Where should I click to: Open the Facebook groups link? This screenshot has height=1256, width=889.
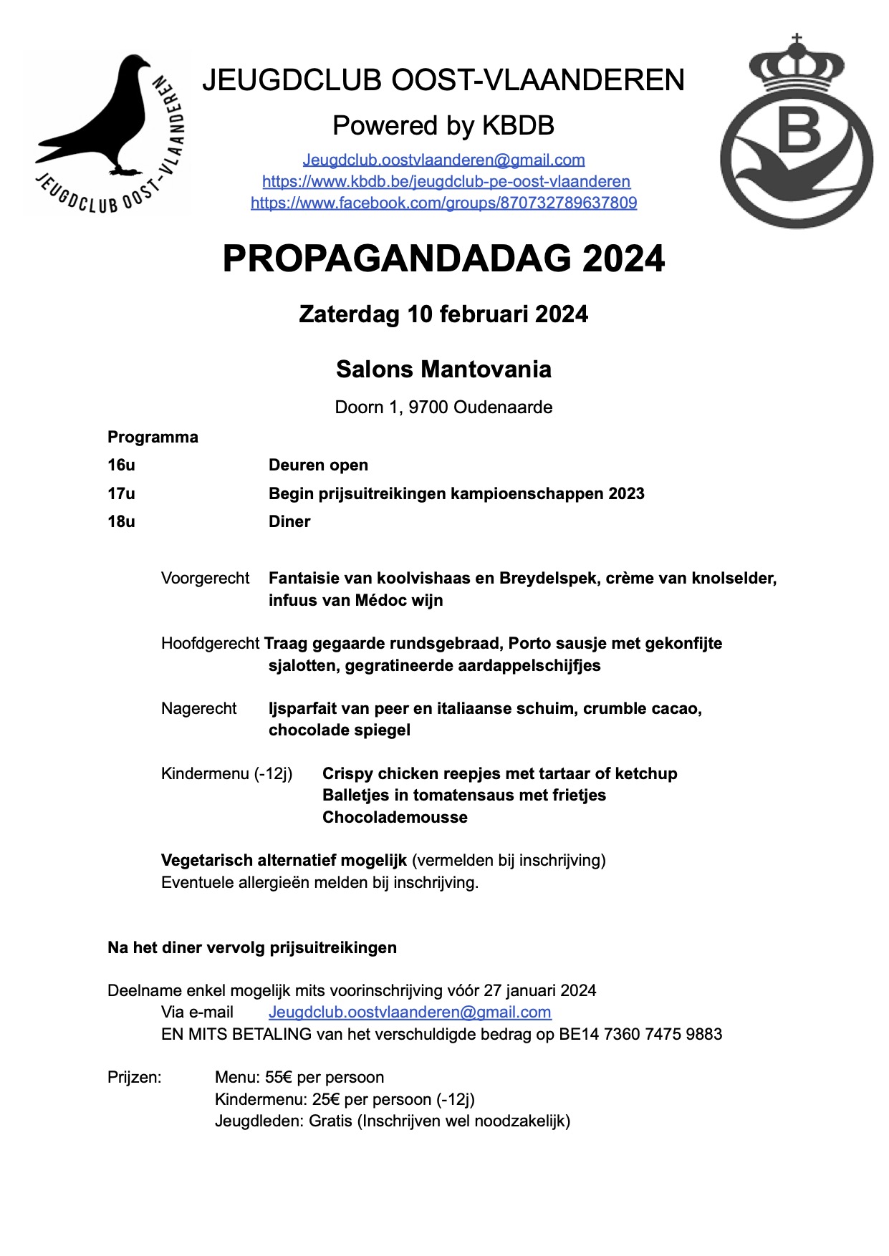(443, 203)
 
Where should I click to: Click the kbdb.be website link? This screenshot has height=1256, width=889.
(446, 181)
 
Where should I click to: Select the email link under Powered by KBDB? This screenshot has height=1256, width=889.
(443, 160)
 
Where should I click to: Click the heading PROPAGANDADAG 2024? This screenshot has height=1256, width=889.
(443, 259)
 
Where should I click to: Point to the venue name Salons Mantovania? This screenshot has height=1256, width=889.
(443, 369)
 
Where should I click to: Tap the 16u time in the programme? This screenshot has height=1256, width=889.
(121, 465)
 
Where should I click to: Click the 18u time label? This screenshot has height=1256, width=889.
(121, 521)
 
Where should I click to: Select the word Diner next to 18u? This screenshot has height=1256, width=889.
(289, 521)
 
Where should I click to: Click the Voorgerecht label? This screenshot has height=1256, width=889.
(205, 578)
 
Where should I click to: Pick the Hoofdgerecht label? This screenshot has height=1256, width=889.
(210, 643)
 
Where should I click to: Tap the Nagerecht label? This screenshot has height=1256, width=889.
(198, 708)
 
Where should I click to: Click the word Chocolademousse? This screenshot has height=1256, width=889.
(395, 817)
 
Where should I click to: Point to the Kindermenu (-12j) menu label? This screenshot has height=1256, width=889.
(226, 773)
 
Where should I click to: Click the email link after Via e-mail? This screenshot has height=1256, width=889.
(410, 1012)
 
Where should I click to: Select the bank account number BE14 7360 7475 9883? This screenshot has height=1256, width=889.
(640, 1034)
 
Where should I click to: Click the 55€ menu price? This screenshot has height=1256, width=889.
(274, 1077)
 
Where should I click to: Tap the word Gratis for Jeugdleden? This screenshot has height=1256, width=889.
(330, 1121)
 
